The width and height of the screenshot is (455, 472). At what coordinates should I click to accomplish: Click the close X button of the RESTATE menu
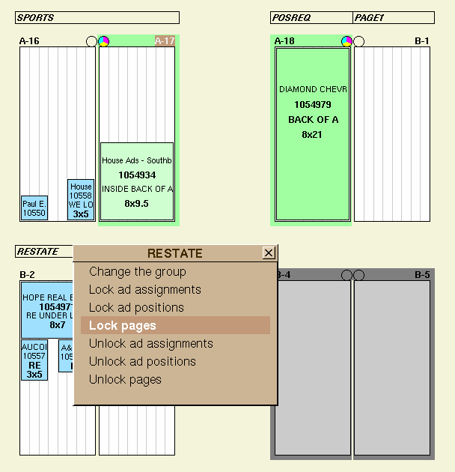269,253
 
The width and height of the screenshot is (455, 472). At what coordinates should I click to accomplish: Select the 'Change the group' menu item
137,272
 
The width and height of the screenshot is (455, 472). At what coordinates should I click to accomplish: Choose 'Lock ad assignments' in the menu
144,290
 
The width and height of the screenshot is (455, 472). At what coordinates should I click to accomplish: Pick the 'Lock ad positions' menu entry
136,308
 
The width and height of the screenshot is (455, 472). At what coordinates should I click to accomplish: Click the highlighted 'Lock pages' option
123,326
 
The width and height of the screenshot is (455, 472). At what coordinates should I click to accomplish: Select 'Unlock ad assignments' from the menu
150,344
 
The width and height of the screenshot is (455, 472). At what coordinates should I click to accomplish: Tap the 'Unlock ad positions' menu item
142,362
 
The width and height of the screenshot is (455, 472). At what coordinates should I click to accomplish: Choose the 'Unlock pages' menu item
125,380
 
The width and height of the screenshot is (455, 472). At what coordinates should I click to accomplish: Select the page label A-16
29,41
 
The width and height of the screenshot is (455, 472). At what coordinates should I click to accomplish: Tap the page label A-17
165,41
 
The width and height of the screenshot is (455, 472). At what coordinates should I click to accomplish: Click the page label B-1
422,41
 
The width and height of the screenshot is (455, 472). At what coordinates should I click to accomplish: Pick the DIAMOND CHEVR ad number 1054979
313,105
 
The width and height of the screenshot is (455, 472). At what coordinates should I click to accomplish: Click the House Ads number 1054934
137,175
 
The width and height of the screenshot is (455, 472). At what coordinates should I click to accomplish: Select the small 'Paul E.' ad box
34,208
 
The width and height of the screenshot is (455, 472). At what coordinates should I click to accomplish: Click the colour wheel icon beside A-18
346,41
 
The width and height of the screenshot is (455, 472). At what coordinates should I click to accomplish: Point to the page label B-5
423,275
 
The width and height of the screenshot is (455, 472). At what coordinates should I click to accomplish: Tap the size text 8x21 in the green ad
313,135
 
